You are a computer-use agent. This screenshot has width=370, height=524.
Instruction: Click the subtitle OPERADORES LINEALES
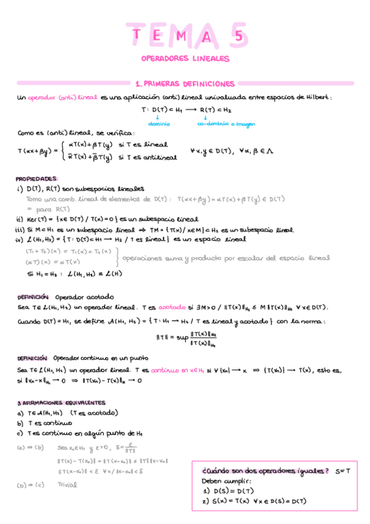[x=185, y=59]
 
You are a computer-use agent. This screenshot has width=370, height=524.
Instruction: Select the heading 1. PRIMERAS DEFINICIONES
[x=185, y=83]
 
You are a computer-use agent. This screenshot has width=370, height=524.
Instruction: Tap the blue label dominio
[x=159, y=123]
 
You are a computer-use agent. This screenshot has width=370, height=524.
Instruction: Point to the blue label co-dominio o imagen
[x=226, y=123]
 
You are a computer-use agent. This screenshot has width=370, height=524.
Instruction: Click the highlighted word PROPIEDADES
[x=36, y=177]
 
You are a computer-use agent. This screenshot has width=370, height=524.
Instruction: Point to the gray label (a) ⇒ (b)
[x=30, y=447]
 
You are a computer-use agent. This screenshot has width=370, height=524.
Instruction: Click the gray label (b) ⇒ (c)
[x=30, y=484]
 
